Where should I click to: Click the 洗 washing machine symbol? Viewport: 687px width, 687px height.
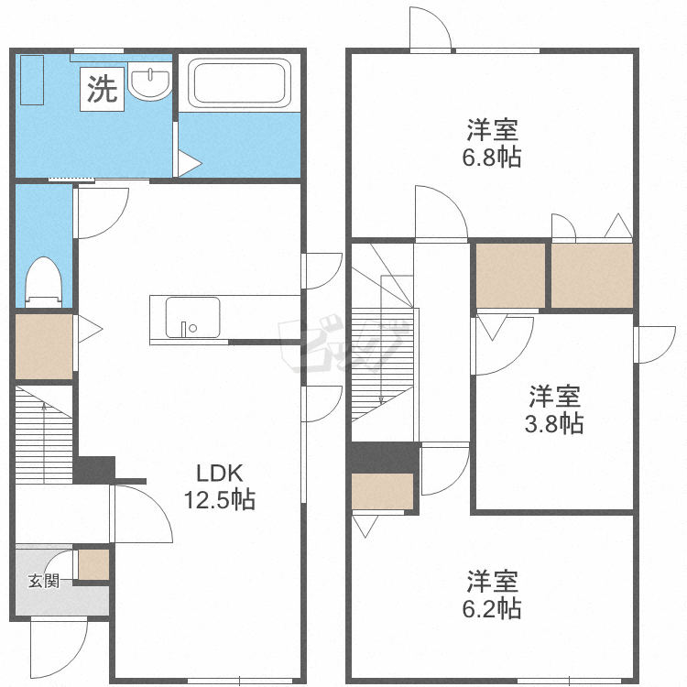[x=102, y=89]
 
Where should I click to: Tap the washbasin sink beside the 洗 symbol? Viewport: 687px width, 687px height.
[x=149, y=84]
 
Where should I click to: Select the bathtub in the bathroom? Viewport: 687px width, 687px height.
[x=239, y=83]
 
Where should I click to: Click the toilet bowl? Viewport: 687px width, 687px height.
[x=43, y=279]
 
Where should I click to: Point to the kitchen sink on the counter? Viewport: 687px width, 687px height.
[x=192, y=317]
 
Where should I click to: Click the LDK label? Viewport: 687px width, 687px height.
[x=219, y=474]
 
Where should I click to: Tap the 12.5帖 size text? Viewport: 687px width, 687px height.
[x=219, y=500]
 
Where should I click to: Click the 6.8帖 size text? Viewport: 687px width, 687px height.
[x=492, y=157]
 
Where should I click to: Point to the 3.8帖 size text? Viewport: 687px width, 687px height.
[x=554, y=424]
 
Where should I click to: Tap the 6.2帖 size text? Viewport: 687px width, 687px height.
[x=493, y=607]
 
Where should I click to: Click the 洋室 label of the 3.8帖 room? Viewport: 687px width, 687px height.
[x=554, y=398]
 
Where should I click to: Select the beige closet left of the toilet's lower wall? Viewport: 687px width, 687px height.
[x=43, y=346]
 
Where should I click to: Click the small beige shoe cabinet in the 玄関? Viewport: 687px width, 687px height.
[x=93, y=564]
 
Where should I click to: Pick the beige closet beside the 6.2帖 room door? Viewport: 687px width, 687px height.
[x=382, y=491]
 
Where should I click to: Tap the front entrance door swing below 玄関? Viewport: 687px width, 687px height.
[x=57, y=649]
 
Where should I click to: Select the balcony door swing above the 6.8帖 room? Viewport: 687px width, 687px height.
[x=430, y=30]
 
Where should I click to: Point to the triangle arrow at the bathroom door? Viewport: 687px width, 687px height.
[x=189, y=164]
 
